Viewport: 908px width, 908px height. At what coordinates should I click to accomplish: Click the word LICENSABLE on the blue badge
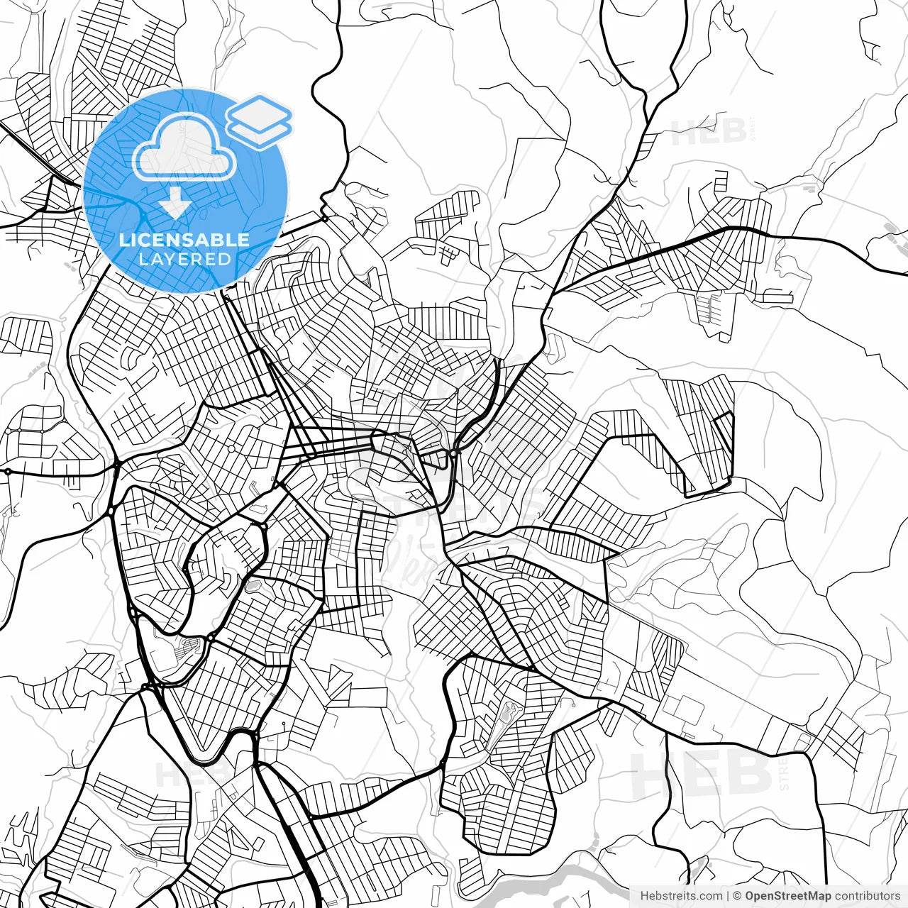[184, 240]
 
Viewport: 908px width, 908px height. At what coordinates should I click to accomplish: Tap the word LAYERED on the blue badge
[184, 259]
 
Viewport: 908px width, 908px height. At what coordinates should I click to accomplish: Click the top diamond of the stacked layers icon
[259, 111]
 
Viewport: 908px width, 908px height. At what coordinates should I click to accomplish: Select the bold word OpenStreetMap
[788, 896]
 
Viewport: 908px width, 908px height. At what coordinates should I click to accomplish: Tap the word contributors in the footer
[867, 896]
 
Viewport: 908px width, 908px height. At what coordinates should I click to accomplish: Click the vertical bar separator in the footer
[728, 896]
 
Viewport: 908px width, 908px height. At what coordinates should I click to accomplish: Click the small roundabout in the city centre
[453, 451]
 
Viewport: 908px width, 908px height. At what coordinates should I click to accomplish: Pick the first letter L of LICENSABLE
[123, 240]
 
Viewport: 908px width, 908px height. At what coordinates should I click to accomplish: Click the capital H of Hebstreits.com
[644, 896]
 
